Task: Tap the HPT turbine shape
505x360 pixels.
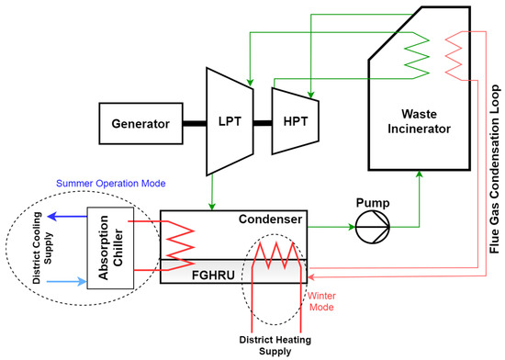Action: tap(293, 123)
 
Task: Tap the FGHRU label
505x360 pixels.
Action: tap(209, 273)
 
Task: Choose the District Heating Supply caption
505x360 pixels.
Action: tap(273, 344)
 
